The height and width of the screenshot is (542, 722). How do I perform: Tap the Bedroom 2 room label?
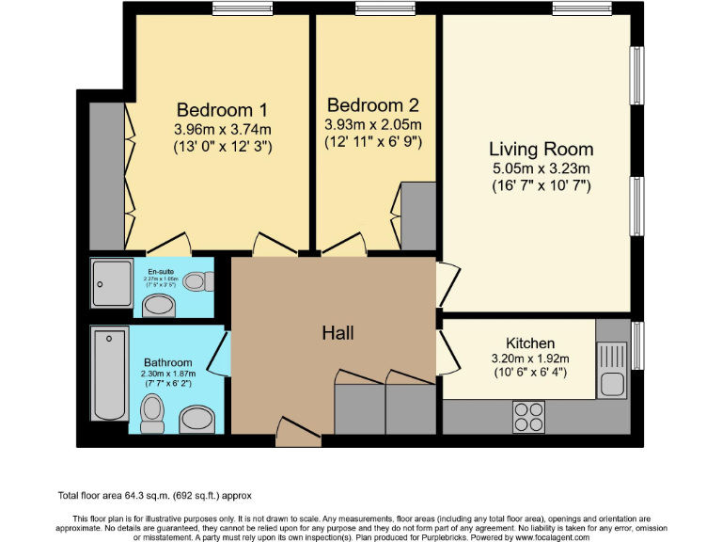[x=372, y=105]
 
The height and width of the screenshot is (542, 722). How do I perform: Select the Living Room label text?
[x=540, y=149]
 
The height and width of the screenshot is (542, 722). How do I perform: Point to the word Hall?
[x=337, y=332]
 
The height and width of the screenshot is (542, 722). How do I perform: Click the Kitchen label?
[x=530, y=343]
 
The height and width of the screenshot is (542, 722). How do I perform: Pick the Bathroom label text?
[x=167, y=362]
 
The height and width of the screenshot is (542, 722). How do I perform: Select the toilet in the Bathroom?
[x=151, y=411]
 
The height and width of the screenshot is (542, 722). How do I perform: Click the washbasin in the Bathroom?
[x=196, y=419]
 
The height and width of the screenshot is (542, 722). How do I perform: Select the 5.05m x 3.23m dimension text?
[x=540, y=169]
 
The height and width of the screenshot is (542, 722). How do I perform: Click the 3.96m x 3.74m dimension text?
[x=222, y=129]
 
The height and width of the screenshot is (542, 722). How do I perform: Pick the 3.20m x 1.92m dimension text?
[x=530, y=359]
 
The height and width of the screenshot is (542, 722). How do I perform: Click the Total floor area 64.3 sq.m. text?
[x=155, y=495]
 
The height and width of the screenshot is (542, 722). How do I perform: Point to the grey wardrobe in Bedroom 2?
[x=419, y=217]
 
